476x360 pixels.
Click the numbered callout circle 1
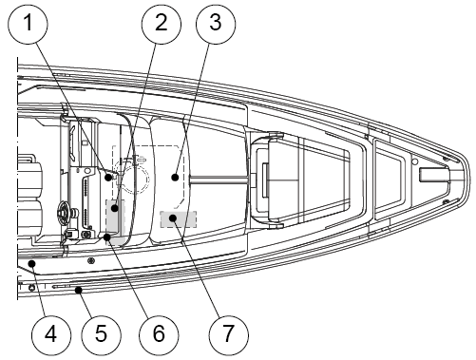28,23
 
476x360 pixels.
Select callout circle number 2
162,23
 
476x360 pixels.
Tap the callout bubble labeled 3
216,23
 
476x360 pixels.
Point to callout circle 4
51,334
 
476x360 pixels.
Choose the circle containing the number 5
101,334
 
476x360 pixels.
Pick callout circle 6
159,334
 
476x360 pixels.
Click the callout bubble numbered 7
229,334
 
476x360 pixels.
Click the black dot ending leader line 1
108,178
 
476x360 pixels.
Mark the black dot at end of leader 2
115,208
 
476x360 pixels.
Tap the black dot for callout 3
175,178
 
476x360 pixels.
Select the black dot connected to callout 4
31,263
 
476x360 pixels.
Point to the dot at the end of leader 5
78,290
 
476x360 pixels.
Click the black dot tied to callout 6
107,237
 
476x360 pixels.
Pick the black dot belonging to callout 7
173,218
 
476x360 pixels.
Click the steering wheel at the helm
65,210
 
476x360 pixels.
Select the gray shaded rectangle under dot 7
179,219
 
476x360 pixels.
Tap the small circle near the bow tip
414,161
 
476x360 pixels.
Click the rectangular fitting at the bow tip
434,175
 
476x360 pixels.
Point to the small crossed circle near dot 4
91,260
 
